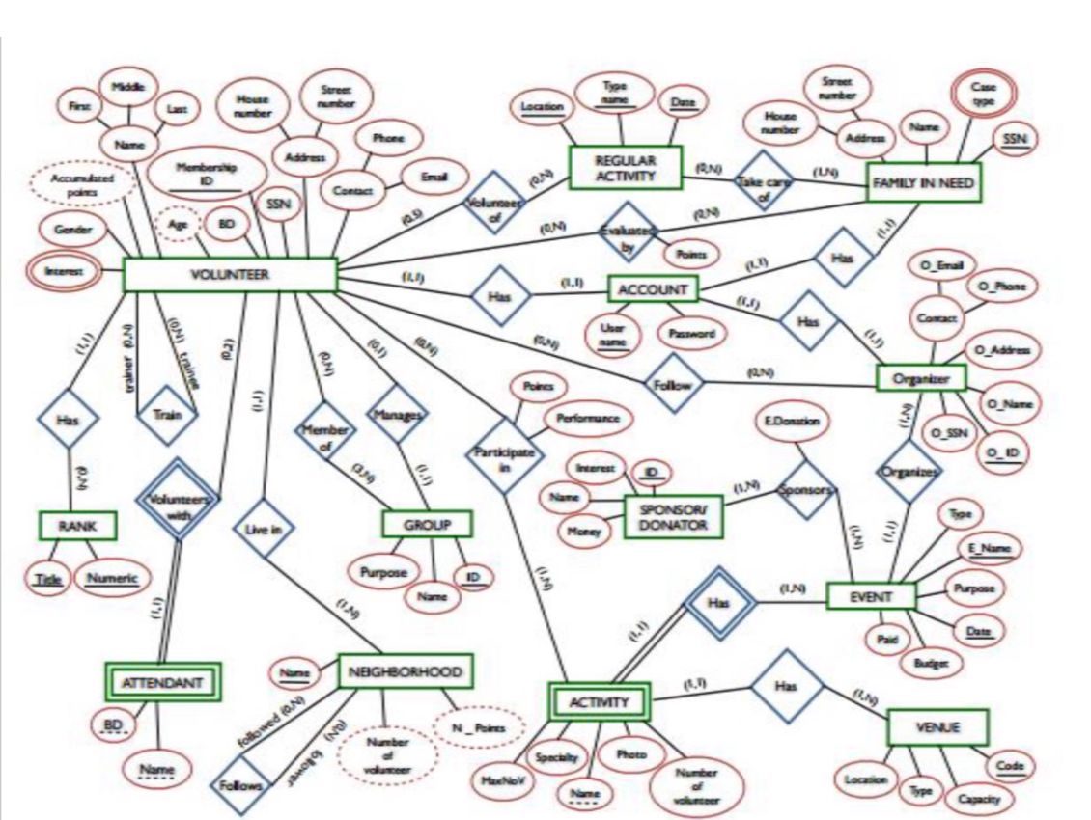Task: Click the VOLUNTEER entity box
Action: tap(230, 274)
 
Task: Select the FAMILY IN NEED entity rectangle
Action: tap(923, 182)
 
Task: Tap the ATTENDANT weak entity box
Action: tap(160, 683)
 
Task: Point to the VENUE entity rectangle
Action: tap(937, 727)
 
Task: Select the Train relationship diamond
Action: tap(166, 417)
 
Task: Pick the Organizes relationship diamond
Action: tap(907, 472)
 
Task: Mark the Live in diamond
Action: tap(264, 528)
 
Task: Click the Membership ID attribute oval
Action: tap(206, 174)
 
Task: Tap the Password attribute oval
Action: tap(689, 333)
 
